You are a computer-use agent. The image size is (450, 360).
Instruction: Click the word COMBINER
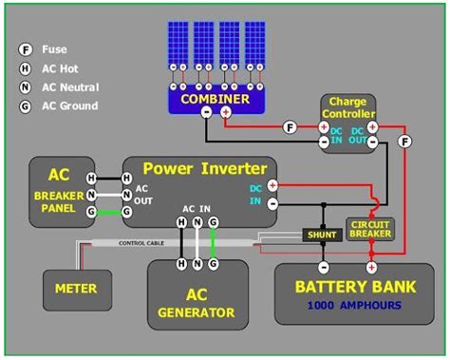pos(215,98)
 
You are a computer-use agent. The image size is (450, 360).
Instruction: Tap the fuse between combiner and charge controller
pos(290,127)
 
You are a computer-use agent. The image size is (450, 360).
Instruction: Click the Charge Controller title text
pos(348,108)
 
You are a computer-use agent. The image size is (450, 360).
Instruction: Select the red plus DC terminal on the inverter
pos(272,187)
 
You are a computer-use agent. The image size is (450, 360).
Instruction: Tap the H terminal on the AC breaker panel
pos(91,178)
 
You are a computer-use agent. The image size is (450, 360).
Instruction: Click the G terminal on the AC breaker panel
pos(91,212)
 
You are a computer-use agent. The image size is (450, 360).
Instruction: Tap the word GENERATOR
pos(197,312)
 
